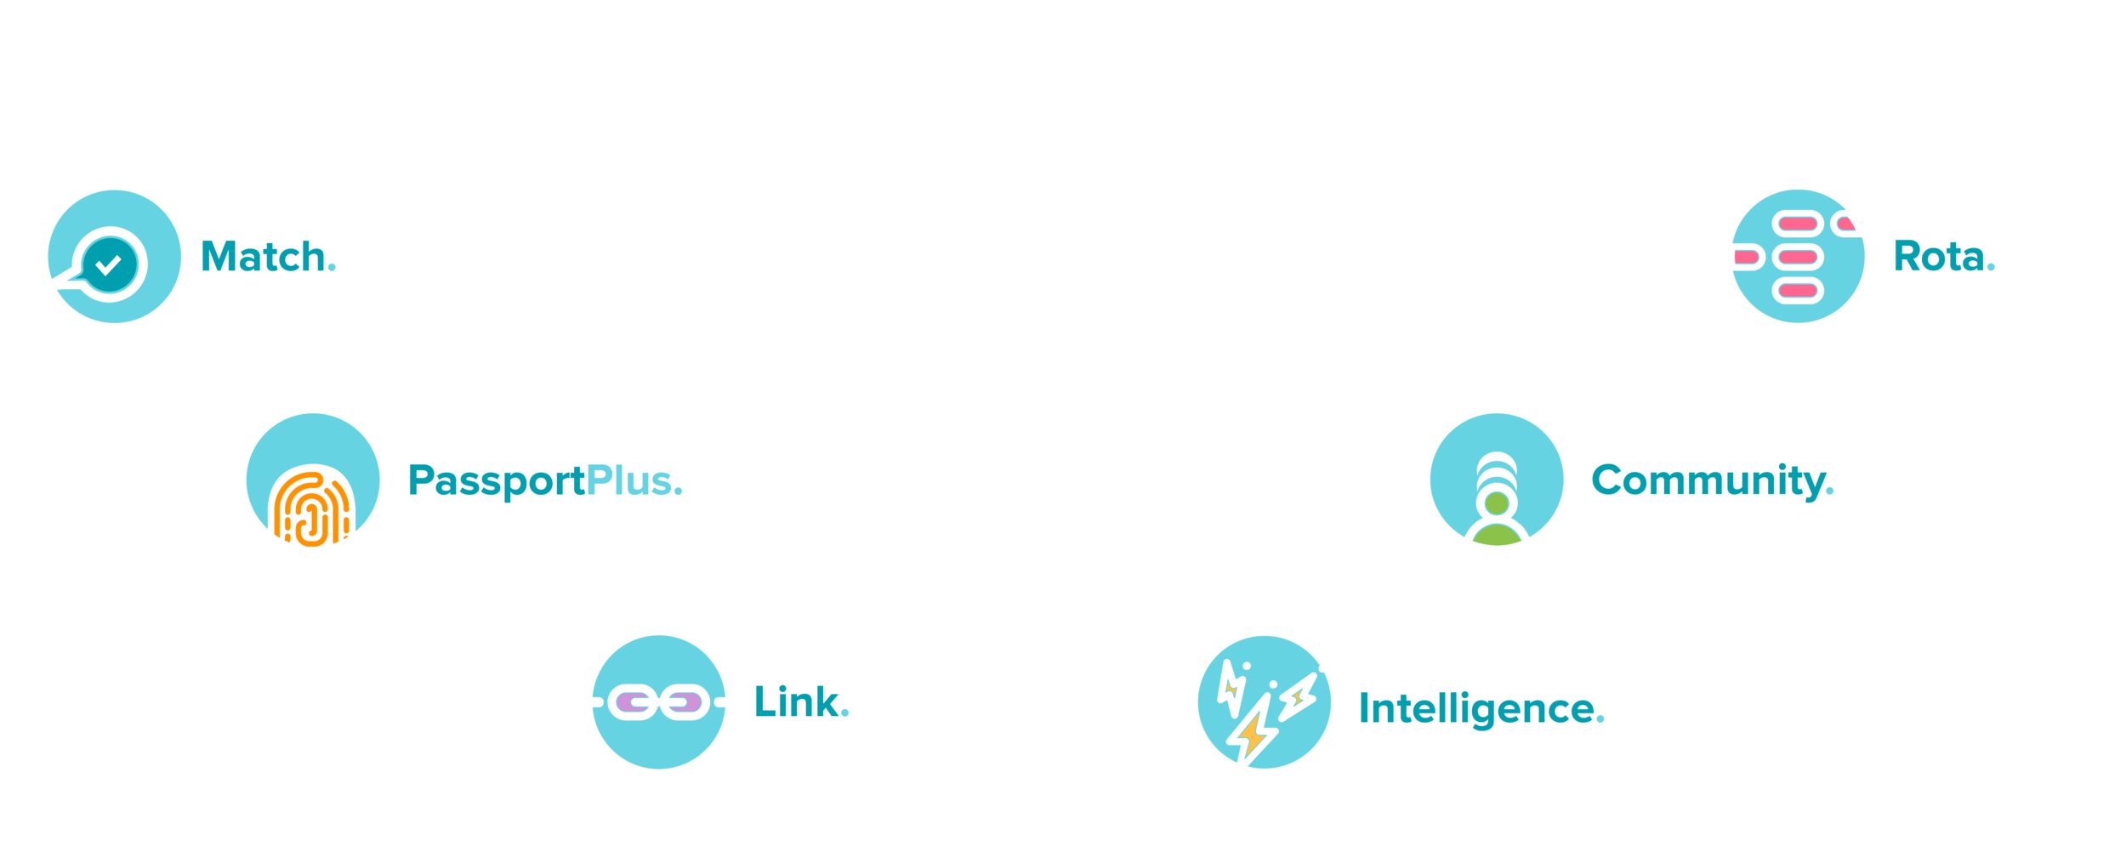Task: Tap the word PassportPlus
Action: [544, 480]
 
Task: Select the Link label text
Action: [800, 702]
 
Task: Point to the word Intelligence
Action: [1481, 708]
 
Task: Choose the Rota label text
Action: [1943, 256]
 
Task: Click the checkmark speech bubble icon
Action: [109, 264]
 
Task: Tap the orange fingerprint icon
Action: [310, 508]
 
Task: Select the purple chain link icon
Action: [659, 702]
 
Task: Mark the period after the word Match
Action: [332, 270]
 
